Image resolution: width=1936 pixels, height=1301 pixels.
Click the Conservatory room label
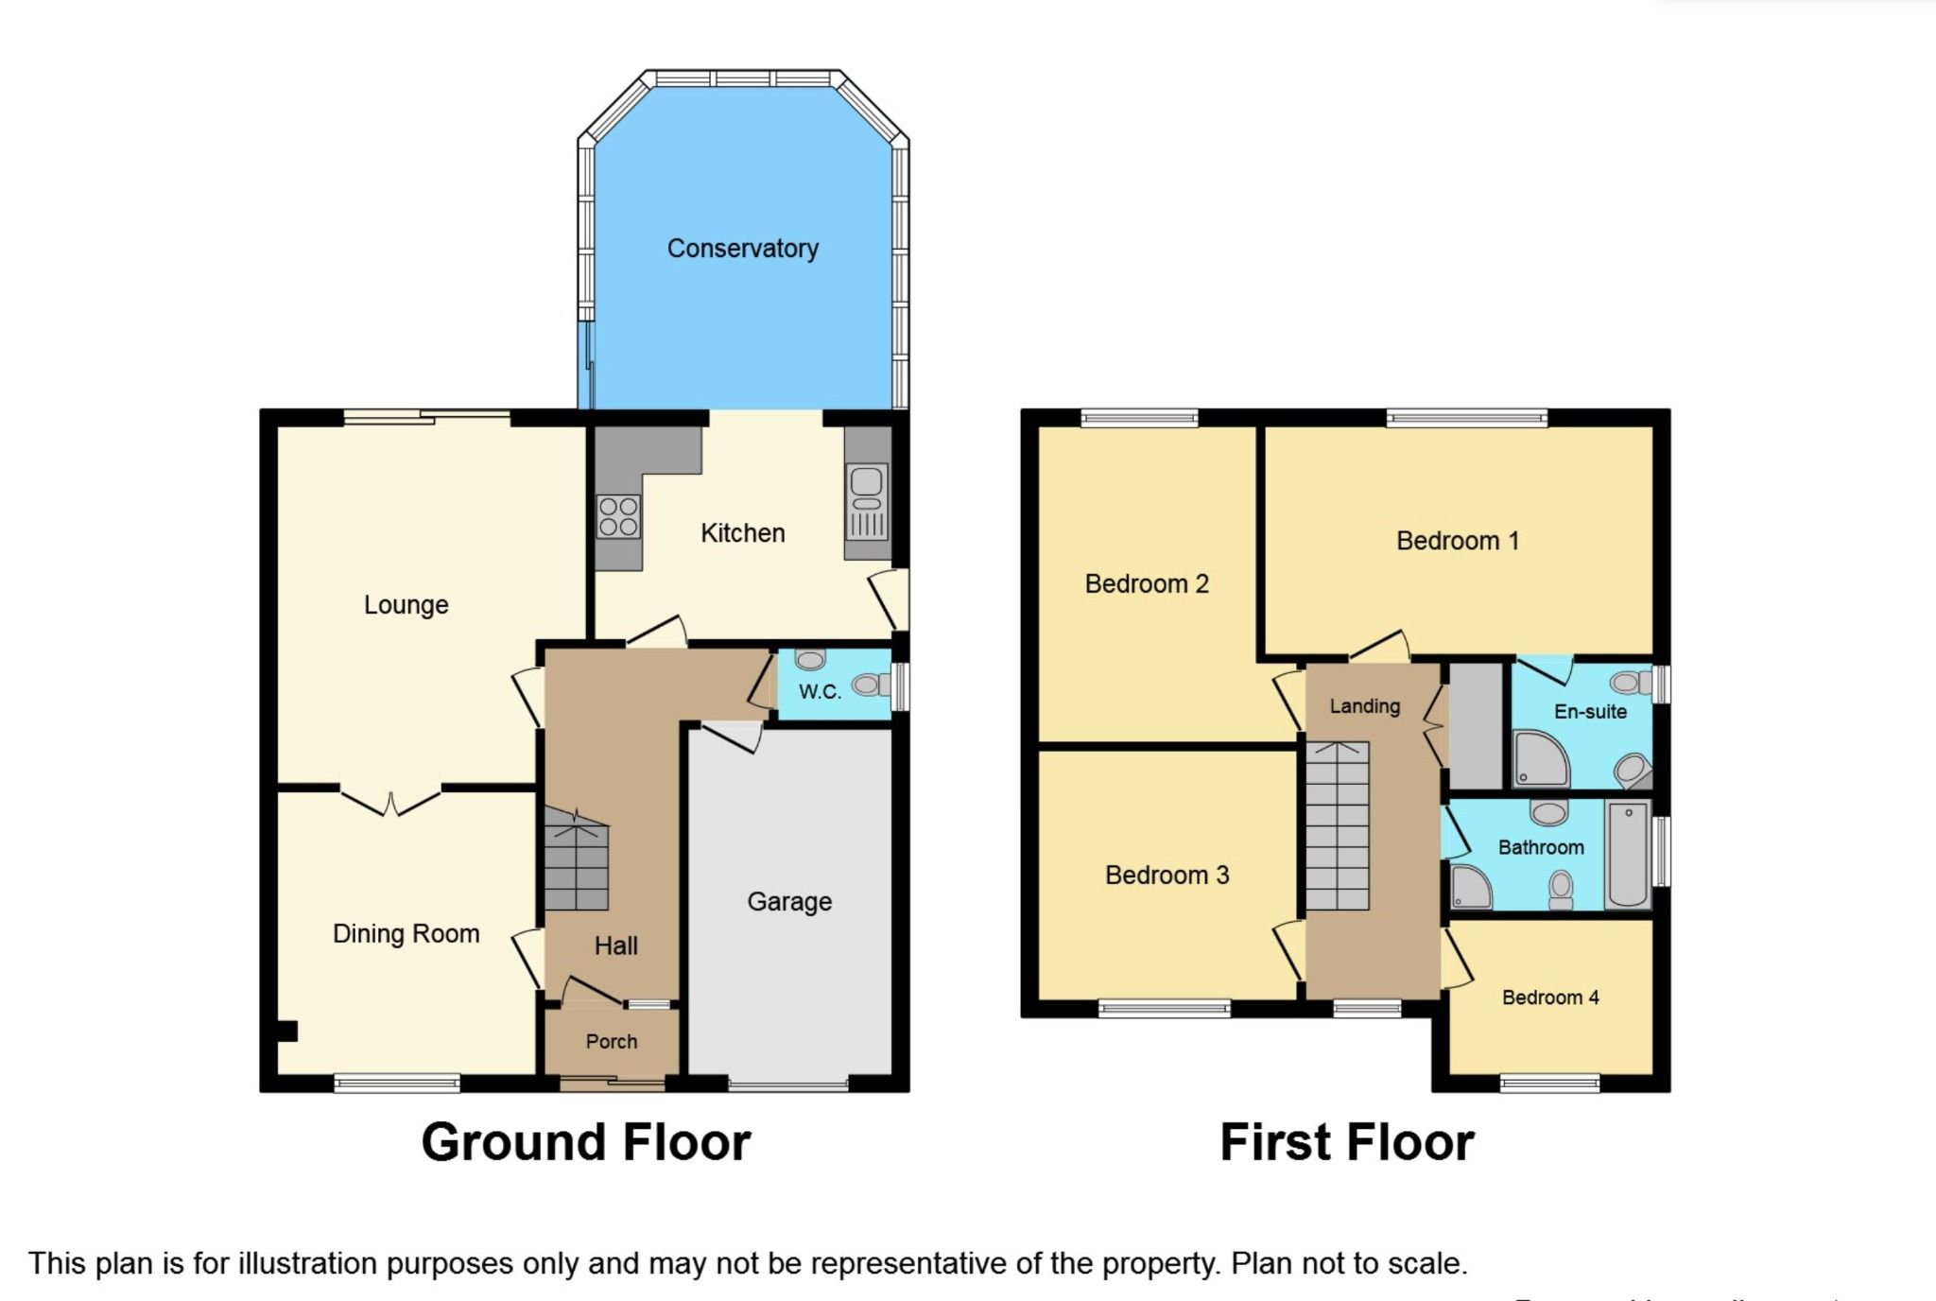pyautogui.click(x=742, y=249)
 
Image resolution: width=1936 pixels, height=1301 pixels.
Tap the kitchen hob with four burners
pyautogui.click(x=618, y=517)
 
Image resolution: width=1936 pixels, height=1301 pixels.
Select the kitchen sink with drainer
pyautogui.click(x=868, y=501)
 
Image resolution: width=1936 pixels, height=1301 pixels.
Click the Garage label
pyautogui.click(x=789, y=902)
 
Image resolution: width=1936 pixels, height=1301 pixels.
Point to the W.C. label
pyautogui.click(x=820, y=691)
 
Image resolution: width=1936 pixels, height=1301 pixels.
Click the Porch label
pyautogui.click(x=612, y=1041)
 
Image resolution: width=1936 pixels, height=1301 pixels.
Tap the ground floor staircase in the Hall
pyautogui.click(x=576, y=860)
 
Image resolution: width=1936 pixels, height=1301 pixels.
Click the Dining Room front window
pyautogui.click(x=397, y=1083)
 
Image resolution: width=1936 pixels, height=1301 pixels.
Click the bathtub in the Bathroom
pyautogui.click(x=1628, y=854)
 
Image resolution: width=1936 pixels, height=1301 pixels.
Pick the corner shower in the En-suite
pyautogui.click(x=1539, y=759)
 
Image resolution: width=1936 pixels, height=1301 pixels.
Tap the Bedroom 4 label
pyautogui.click(x=1550, y=997)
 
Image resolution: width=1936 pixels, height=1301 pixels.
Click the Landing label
pyautogui.click(x=1364, y=706)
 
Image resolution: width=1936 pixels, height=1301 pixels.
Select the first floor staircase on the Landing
pyautogui.click(x=1338, y=825)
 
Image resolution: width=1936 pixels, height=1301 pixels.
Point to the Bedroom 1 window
pyautogui.click(x=1466, y=417)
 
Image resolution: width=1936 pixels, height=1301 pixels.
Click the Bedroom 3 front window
pyautogui.click(x=1165, y=1008)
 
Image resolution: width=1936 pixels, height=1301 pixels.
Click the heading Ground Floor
pyautogui.click(x=586, y=1142)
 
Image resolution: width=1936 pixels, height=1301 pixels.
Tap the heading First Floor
pyautogui.click(x=1346, y=1142)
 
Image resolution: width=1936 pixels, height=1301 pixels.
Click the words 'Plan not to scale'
pyautogui.click(x=1349, y=1263)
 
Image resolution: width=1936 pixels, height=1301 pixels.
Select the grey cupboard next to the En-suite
pyautogui.click(x=1476, y=725)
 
